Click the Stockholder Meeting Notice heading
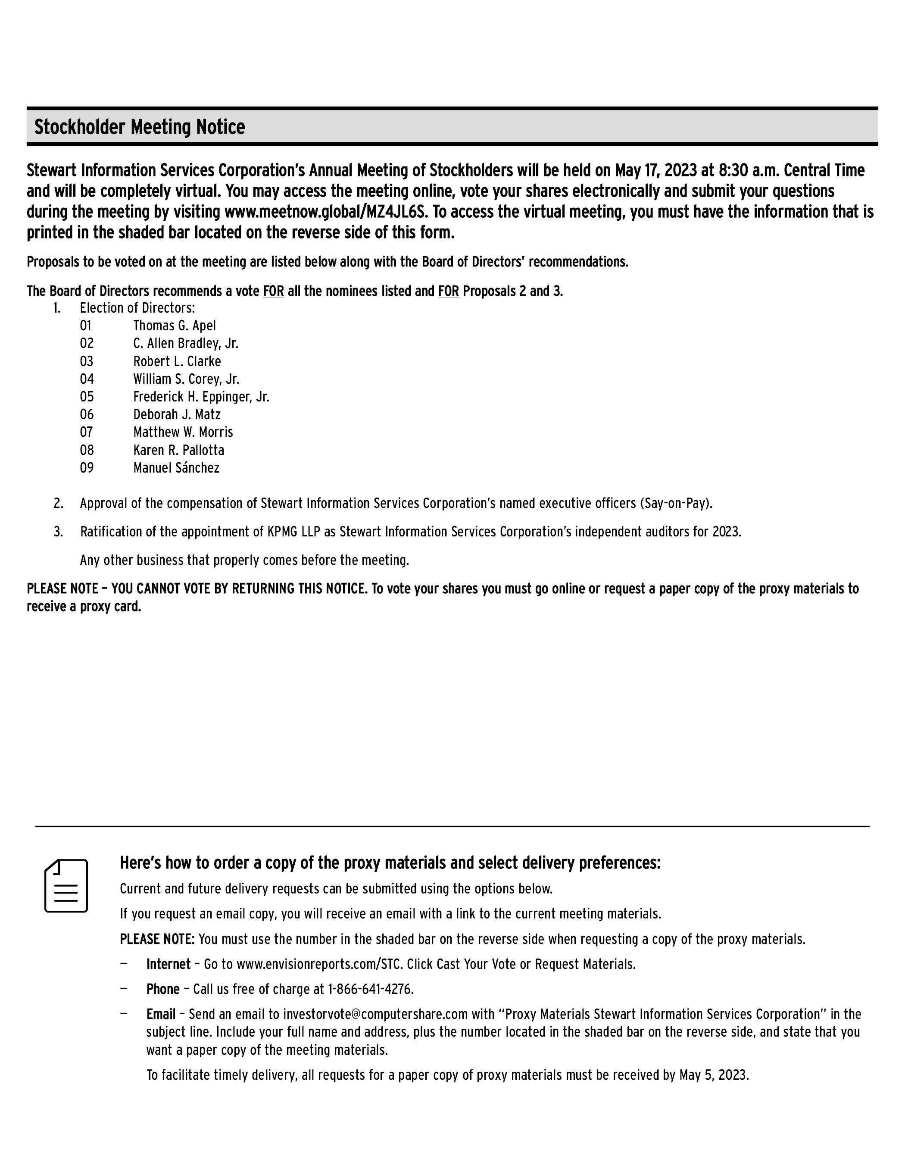pyautogui.click(x=140, y=127)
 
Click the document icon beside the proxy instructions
pyautogui.click(x=66, y=886)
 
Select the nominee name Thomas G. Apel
pyautogui.click(x=175, y=326)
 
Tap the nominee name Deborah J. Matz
pyautogui.click(x=177, y=414)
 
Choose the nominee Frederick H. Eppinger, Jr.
pyautogui.click(x=201, y=397)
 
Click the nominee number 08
pyautogui.click(x=86, y=450)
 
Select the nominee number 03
pyautogui.click(x=86, y=361)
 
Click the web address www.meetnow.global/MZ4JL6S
pyautogui.click(x=326, y=212)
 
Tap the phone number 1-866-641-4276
pyautogui.click(x=370, y=989)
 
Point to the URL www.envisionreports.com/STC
pyautogui.click(x=319, y=964)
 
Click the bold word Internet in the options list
pyautogui.click(x=169, y=964)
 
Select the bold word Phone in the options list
pyautogui.click(x=163, y=989)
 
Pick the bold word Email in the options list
pyautogui.click(x=161, y=1014)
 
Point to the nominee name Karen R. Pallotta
pyautogui.click(x=179, y=450)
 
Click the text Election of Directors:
pyautogui.click(x=137, y=308)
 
